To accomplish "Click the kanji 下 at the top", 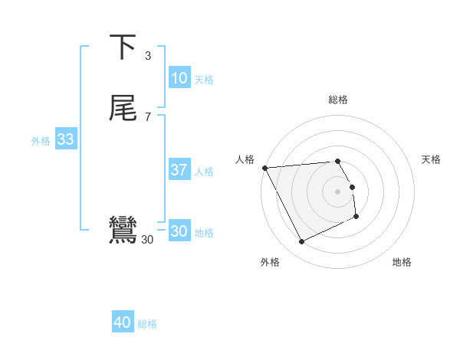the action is pyautogui.click(x=123, y=47).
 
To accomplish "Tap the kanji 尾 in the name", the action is pyautogui.click(x=123, y=108).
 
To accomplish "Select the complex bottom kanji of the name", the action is pyautogui.click(x=123, y=230).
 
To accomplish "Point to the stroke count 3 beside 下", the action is pyautogui.click(x=148, y=55).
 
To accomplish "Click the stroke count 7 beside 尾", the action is pyautogui.click(x=148, y=116).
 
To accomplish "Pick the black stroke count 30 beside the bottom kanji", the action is pyautogui.click(x=148, y=240).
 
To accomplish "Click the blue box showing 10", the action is pyautogui.click(x=179, y=78).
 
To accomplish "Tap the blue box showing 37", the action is pyautogui.click(x=179, y=170).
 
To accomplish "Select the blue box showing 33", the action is pyautogui.click(x=65, y=139).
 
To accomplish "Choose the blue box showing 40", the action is pyautogui.click(x=123, y=322).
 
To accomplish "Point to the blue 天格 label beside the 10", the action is pyautogui.click(x=204, y=80).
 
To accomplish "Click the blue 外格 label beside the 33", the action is pyautogui.click(x=41, y=141).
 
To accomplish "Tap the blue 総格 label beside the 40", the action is pyautogui.click(x=147, y=324).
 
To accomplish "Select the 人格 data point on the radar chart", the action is pyautogui.click(x=264, y=167).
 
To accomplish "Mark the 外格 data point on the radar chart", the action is pyautogui.click(x=301, y=242).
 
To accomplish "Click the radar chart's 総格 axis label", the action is pyautogui.click(x=338, y=100).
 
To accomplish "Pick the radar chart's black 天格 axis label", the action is pyautogui.click(x=431, y=159).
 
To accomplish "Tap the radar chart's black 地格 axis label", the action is pyautogui.click(x=402, y=263).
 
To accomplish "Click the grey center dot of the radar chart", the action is pyautogui.click(x=338, y=191).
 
